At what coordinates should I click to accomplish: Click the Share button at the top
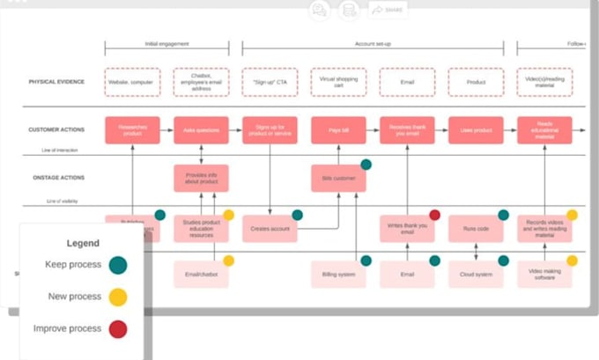pos(388,10)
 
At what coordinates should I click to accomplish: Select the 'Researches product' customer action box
pos(132,130)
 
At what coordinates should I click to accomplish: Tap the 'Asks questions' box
pos(201,130)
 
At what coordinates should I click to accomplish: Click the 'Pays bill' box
pos(338,130)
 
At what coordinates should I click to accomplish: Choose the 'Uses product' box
pos(476,130)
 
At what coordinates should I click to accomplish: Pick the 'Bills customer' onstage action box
pos(338,178)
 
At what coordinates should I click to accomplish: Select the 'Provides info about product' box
pos(201,178)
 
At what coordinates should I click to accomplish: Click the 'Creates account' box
pos(270,228)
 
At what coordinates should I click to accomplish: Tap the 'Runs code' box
pos(476,228)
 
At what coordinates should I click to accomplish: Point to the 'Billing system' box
pos(338,275)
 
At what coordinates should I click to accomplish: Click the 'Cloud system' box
pos(476,275)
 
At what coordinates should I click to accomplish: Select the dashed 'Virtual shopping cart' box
pos(338,82)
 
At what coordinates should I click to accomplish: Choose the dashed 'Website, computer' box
pos(132,82)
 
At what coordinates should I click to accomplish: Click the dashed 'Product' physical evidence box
pos(476,82)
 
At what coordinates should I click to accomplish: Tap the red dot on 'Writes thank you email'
pos(434,215)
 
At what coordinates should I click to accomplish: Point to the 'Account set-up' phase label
pos(373,43)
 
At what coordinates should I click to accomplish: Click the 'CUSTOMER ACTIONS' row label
pos(57,130)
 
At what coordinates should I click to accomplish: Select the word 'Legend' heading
pos(83,244)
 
